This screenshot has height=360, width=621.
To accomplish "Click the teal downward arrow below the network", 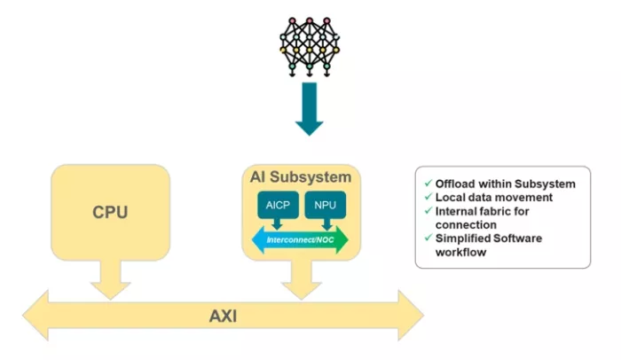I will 310,109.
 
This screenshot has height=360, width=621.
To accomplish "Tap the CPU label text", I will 111,213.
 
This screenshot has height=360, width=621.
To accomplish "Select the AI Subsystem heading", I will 303,177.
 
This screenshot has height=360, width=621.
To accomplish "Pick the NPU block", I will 326,206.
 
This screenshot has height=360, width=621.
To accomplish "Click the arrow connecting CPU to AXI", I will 110,278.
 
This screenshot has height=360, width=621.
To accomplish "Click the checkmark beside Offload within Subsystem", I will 428,184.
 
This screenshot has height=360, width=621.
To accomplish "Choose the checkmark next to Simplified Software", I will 428,239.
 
